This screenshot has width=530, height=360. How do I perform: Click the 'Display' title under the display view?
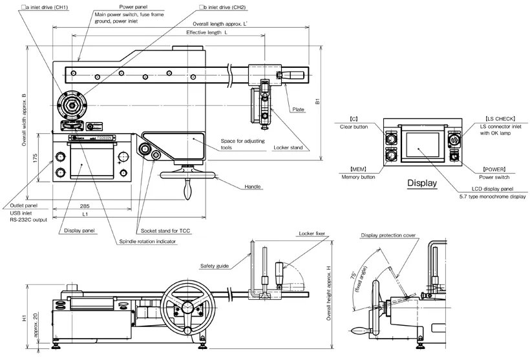coord(422,184)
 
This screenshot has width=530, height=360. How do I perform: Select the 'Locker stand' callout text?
coord(288,148)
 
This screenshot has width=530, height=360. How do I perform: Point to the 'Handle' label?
coord(253,187)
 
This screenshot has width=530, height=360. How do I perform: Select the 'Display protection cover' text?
coord(388,236)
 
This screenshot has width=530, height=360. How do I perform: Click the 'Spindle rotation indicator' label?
coord(148,241)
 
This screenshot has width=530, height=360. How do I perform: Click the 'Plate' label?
coord(298,110)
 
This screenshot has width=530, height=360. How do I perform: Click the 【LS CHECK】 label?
coord(500,119)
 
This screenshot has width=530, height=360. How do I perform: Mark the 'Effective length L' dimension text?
coord(207,32)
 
